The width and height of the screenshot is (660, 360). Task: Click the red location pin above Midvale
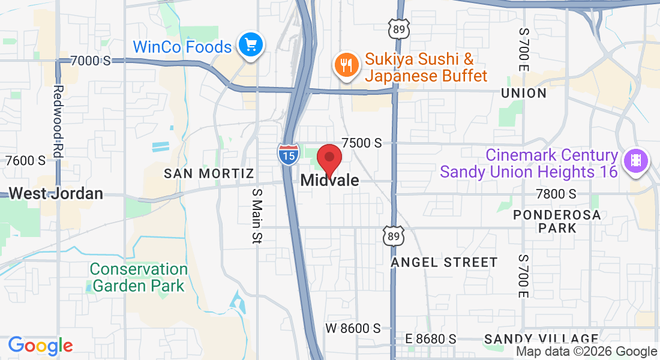[x=329, y=158]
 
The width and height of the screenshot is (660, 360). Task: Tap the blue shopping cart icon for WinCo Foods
[x=250, y=44]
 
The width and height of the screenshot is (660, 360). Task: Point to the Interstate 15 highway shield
[x=289, y=155]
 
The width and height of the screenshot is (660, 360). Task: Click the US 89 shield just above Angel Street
[x=393, y=236]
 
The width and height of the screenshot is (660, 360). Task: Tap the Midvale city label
[x=329, y=180]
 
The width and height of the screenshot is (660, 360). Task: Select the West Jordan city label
[x=56, y=193]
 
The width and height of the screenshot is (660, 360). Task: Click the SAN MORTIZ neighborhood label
[x=209, y=173]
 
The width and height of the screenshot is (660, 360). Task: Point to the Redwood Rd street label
[x=58, y=122]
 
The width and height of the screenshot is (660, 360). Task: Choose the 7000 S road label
[x=91, y=61]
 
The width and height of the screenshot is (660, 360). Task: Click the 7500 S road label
[x=361, y=143]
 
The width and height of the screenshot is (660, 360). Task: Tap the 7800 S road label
[x=556, y=194]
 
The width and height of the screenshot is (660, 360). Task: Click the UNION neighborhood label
[x=524, y=93]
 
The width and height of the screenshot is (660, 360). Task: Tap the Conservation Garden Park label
[x=139, y=277]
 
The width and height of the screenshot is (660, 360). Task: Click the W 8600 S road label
[x=353, y=328]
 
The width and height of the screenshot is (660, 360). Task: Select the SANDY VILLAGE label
[x=541, y=339]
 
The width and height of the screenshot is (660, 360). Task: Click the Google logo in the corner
[x=40, y=346]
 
